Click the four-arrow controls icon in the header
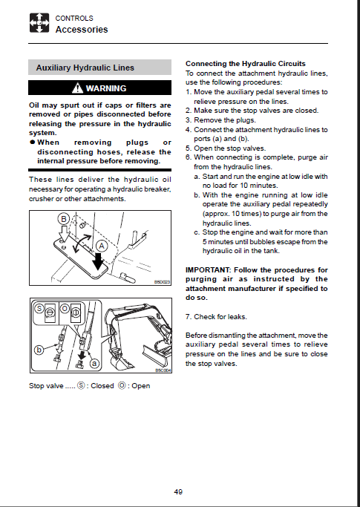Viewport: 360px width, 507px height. (39, 22)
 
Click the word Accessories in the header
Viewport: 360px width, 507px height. (82, 30)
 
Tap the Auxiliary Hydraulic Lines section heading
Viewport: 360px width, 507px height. (85, 68)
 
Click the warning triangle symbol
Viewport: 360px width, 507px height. (77, 88)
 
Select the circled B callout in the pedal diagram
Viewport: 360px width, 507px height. (64, 219)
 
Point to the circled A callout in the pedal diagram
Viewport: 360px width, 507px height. (102, 246)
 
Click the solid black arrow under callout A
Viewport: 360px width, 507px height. (97, 261)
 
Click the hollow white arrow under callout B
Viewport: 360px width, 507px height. (64, 233)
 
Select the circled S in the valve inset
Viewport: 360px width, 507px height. (39, 308)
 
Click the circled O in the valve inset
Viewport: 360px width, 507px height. (65, 309)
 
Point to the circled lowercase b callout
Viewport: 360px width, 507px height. (39, 350)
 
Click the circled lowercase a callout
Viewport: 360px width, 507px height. (94, 364)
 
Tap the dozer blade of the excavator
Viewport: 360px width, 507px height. (156, 353)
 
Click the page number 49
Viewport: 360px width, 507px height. (178, 492)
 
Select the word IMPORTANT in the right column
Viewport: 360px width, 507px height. (208, 270)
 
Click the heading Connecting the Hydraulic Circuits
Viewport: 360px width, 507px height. (246, 64)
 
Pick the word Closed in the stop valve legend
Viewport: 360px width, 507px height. (102, 386)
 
